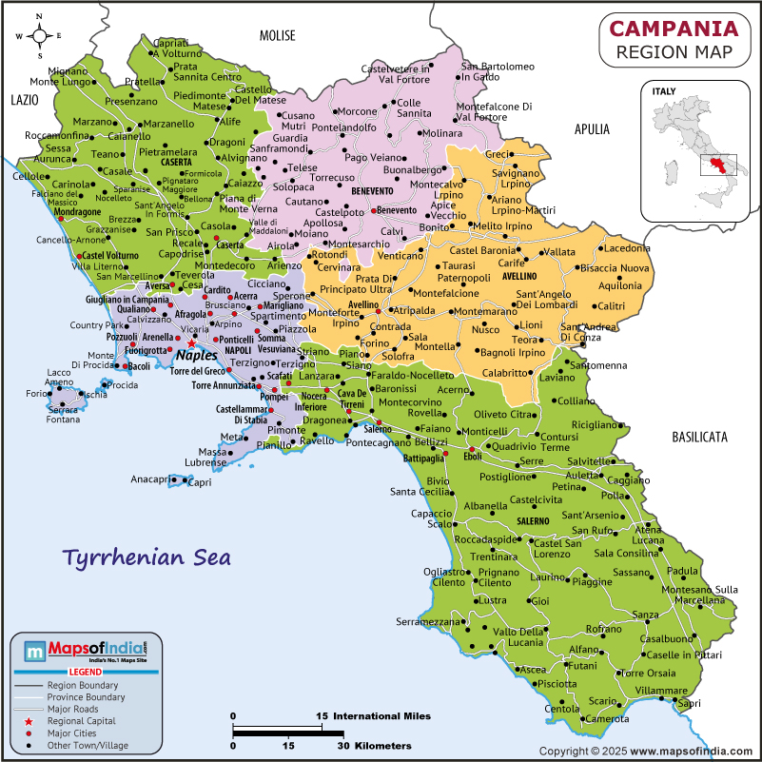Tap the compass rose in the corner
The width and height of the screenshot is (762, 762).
40,36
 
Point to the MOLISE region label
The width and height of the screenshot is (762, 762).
278,35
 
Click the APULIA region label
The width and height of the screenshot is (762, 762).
592,129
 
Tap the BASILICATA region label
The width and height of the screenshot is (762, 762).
698,437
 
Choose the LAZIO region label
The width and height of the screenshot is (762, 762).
23,99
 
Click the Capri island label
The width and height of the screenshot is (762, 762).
200,483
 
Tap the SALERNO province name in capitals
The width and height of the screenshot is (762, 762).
533,521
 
